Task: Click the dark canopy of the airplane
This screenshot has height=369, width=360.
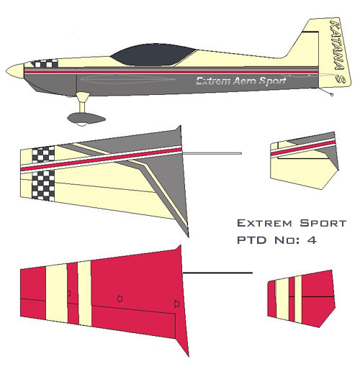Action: [153, 55]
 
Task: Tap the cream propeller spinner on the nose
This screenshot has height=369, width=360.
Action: [15, 70]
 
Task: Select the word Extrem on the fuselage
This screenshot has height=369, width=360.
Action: [213, 81]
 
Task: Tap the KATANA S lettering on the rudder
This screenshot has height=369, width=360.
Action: [338, 51]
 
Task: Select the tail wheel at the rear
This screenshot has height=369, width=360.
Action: [332, 95]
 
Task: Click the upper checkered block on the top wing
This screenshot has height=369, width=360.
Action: [43, 155]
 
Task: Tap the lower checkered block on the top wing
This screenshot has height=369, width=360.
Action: [43, 186]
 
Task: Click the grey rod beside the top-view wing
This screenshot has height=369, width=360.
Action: [212, 153]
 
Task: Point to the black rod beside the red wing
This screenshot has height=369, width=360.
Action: [217, 273]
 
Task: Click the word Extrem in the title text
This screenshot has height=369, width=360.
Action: [264, 223]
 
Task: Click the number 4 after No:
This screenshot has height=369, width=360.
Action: [312, 240]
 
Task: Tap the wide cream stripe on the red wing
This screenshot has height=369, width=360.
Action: [57, 293]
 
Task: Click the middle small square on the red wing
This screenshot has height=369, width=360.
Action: [120, 299]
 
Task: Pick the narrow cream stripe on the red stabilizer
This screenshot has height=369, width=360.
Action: [298, 299]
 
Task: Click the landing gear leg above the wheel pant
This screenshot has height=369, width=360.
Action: [83, 102]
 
